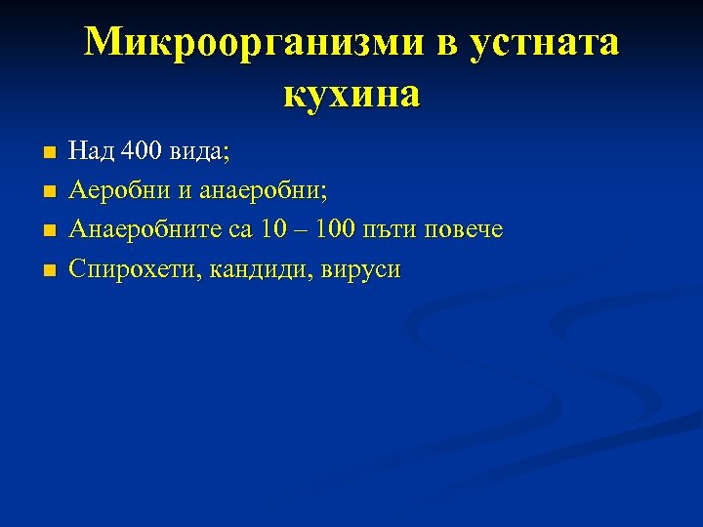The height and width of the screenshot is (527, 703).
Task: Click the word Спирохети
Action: tap(123, 270)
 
